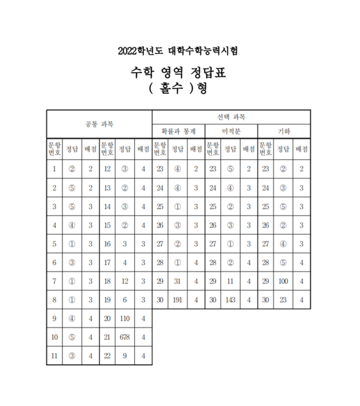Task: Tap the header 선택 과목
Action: pos(231,117)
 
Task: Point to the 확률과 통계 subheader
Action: pos(178,131)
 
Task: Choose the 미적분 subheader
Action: pos(231,131)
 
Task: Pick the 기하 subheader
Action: pos(284,131)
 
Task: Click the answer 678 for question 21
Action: pos(125,338)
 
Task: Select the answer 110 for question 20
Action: pos(125,318)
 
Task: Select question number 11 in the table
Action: pos(55,356)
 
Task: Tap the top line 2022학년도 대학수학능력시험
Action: pos(181,50)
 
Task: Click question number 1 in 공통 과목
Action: pos(55,169)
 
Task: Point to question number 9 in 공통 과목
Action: pos(55,318)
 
